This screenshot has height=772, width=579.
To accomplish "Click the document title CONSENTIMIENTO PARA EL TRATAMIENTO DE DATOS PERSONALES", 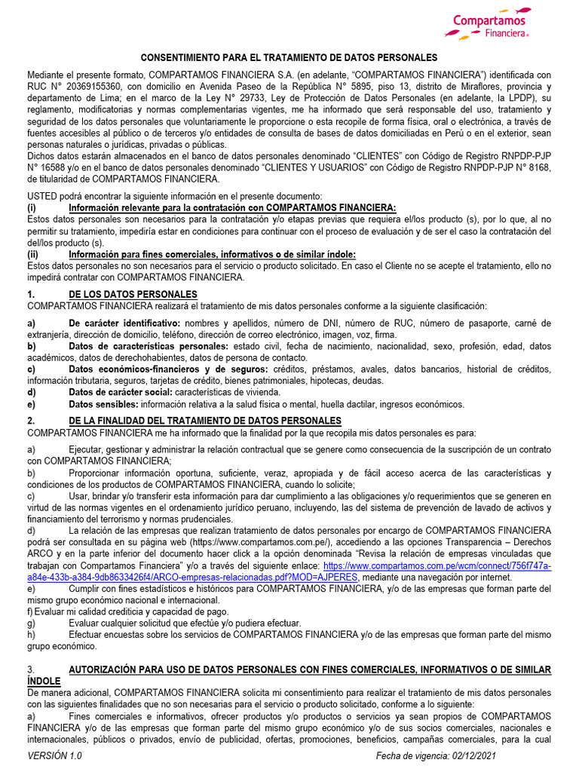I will (x=289, y=58).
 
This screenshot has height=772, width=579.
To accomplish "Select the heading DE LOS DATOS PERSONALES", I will (x=133, y=294).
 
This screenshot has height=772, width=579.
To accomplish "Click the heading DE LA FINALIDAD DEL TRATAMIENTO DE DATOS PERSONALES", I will (x=204, y=421).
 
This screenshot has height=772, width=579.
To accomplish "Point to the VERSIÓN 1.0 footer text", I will (x=55, y=756).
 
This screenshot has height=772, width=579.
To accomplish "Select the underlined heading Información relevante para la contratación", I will (x=231, y=207).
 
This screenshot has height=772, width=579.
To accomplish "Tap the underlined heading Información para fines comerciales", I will (x=212, y=254).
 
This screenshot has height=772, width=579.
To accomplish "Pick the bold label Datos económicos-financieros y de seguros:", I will (x=167, y=369).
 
